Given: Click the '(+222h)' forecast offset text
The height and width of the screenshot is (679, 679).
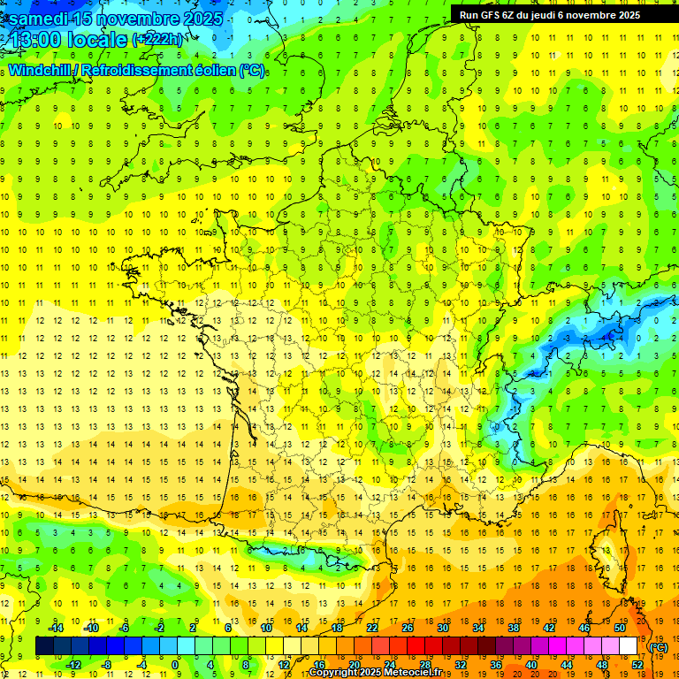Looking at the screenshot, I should pos(159,40).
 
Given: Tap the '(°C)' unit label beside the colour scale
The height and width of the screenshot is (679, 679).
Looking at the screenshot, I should pos(658,647).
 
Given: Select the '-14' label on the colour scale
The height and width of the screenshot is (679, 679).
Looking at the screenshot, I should pos(57,628).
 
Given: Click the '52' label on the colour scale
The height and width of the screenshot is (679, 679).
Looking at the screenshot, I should pos(637,665).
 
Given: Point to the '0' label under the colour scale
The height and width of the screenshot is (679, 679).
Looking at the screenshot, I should pos(176,665).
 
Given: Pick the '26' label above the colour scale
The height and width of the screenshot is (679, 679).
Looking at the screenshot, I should pos(407,628).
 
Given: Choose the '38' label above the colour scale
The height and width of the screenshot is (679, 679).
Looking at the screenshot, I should pos(513,628).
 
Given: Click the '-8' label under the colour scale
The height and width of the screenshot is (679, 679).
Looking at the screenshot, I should pos(106,665).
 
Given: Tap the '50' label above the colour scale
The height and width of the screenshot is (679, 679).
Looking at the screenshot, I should pos(619,628).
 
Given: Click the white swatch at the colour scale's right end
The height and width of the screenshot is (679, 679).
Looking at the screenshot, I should pos(628,646).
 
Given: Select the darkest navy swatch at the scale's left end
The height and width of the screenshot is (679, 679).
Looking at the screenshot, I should pos(44,646).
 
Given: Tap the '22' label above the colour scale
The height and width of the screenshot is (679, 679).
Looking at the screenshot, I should pos(371,628).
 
